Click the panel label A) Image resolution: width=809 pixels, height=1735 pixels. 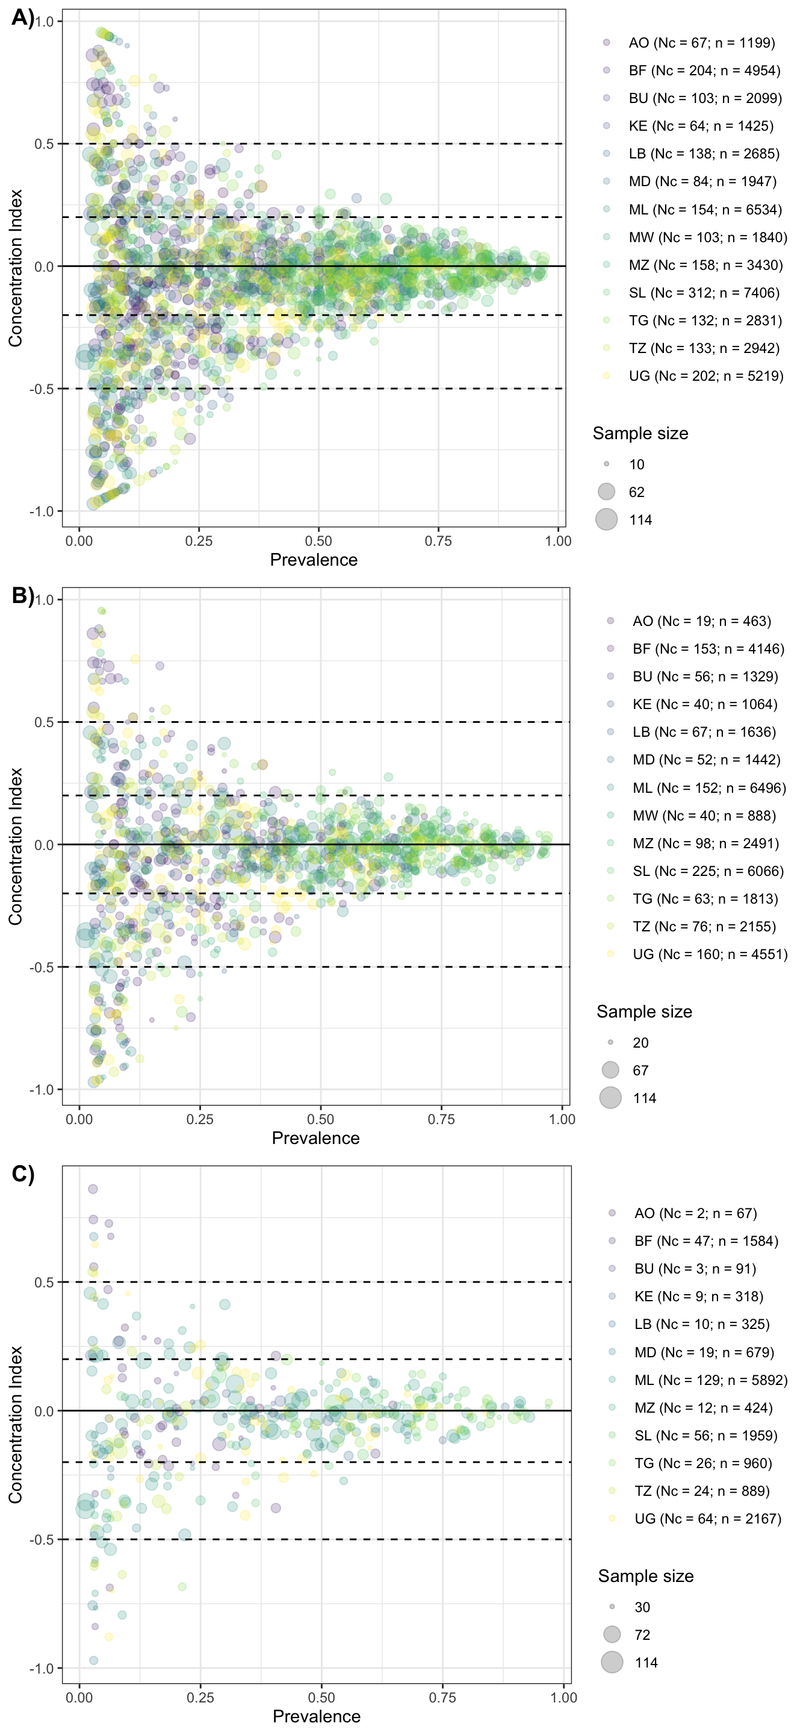pyautogui.click(x=23, y=17)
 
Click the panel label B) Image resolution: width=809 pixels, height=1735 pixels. pyautogui.click(x=23, y=595)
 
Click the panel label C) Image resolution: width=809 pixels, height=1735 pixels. pyautogui.click(x=23, y=1174)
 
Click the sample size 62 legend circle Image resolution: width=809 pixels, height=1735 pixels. pyautogui.click(x=606, y=492)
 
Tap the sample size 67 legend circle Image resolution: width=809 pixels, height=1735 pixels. pyautogui.click(x=610, y=1071)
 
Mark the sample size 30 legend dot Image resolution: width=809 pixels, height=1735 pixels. pyautogui.click(x=612, y=1607)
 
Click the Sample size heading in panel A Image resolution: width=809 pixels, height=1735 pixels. pyautogui.click(x=640, y=434)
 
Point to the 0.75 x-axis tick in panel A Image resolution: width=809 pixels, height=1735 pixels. pyautogui.click(x=438, y=541)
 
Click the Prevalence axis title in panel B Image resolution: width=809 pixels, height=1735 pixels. pyautogui.click(x=315, y=1138)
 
